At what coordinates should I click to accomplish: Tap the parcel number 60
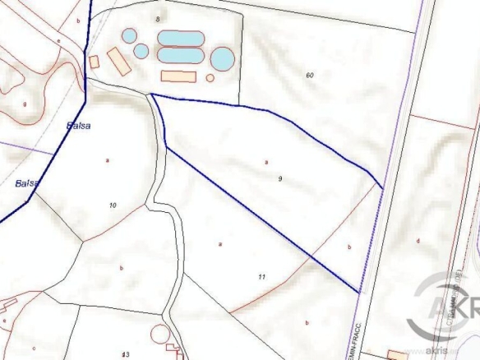[x=310, y=76]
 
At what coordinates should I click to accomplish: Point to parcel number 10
[x=113, y=204]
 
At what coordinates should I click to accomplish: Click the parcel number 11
[x=261, y=277]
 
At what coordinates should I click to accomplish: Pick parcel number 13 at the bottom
[x=125, y=354]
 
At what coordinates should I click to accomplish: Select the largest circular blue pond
[x=222, y=58]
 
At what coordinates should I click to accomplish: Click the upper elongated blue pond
[x=180, y=39]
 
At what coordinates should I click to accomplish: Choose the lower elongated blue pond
[x=180, y=56]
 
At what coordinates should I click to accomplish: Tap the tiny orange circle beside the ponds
[x=210, y=78]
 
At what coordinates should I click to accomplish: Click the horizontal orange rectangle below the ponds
[x=178, y=76]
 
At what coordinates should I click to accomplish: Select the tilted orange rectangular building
[x=118, y=62]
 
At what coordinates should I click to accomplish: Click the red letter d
[x=418, y=241]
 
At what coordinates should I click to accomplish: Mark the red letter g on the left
[x=25, y=104]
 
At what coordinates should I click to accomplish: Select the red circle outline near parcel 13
[x=160, y=335]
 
